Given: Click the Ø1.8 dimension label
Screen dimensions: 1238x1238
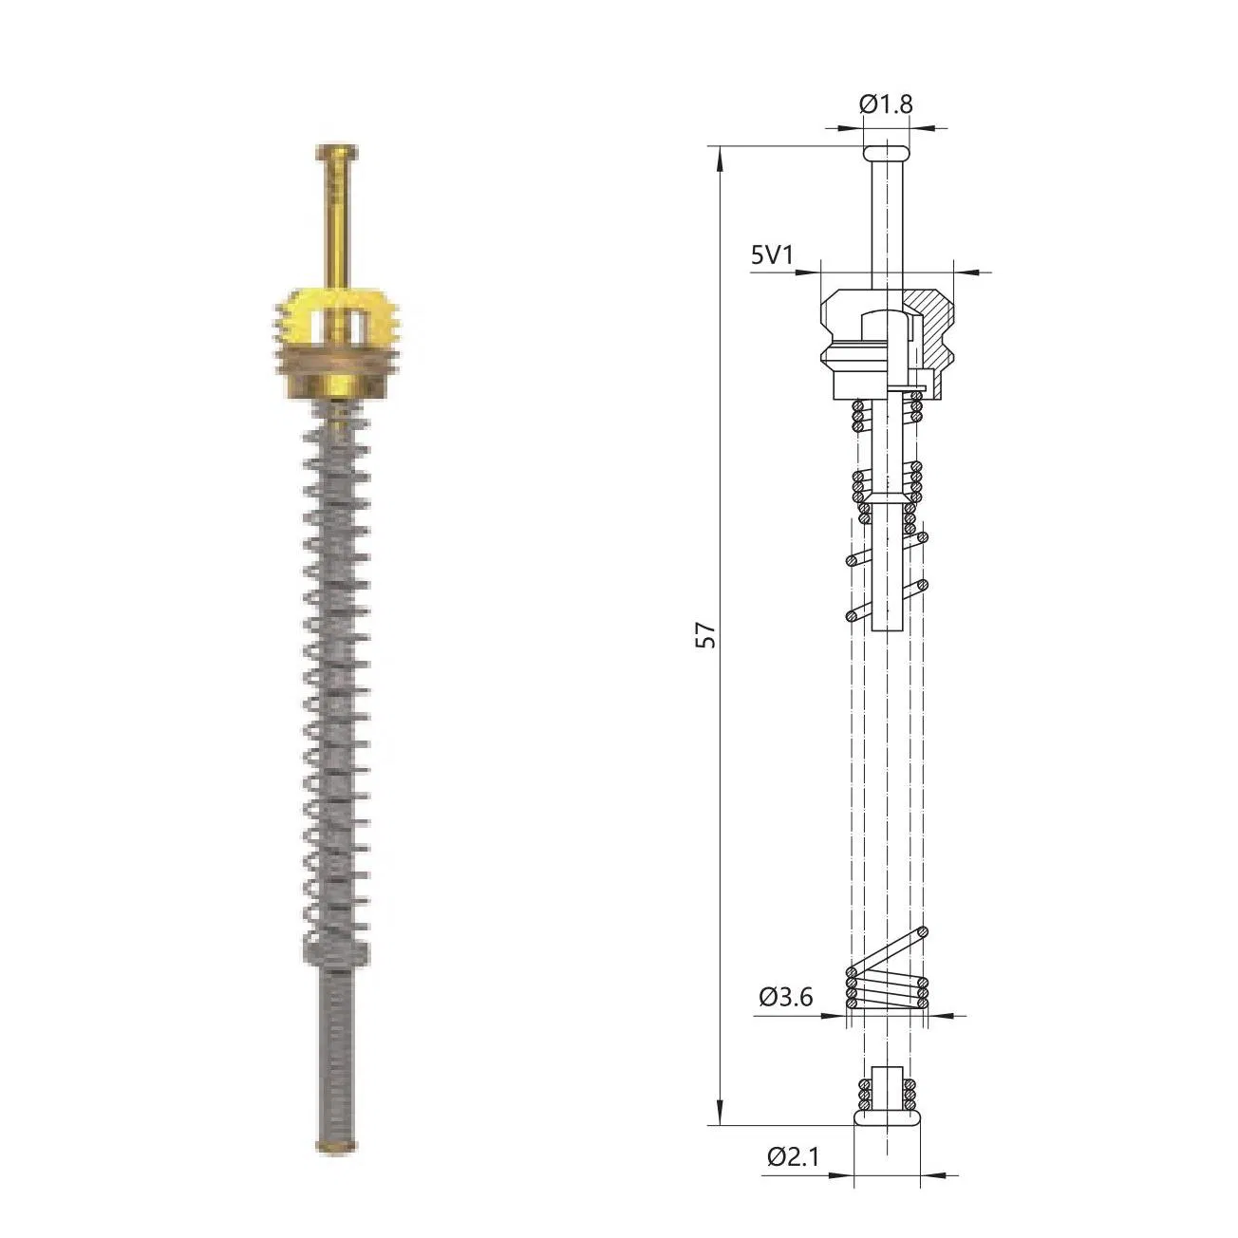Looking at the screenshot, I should [886, 104].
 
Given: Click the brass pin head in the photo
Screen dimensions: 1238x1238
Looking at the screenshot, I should [336, 151].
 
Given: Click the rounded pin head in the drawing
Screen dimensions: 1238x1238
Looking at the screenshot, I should [886, 152].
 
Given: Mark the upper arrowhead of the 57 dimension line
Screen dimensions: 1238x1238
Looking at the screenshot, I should [720, 156].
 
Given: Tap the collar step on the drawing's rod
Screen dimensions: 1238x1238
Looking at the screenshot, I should [886, 498].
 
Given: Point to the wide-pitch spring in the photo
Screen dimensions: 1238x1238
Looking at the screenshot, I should [336, 665].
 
